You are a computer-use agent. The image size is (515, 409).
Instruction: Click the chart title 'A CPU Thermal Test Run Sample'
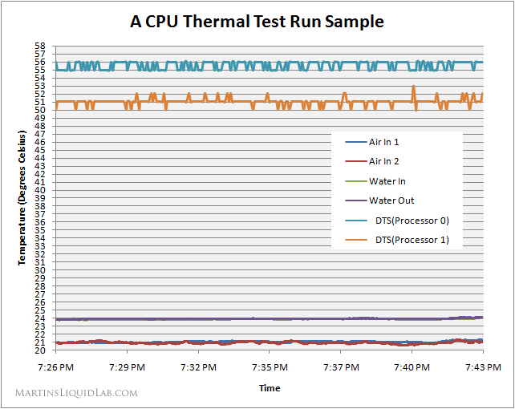click(x=257, y=22)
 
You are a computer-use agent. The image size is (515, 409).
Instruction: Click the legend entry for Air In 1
click(x=383, y=142)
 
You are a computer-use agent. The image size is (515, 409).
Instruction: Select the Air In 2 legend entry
click(x=383, y=161)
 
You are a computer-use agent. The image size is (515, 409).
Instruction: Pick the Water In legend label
click(x=387, y=181)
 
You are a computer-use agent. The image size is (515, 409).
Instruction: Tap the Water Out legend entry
click(x=391, y=200)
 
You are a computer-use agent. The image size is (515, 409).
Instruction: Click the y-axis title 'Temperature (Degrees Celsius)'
click(x=22, y=199)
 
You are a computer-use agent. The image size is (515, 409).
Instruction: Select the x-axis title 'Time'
click(x=270, y=388)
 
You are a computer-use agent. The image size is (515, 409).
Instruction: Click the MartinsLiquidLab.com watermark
click(x=77, y=393)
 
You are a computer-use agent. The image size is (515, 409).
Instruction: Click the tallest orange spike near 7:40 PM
click(x=414, y=87)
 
